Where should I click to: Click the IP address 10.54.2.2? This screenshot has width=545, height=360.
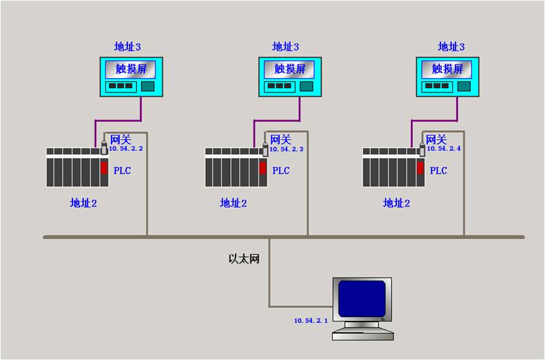[x=127, y=149]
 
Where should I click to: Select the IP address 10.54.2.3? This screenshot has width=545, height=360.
[x=286, y=149]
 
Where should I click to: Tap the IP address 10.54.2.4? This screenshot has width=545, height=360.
[x=444, y=149]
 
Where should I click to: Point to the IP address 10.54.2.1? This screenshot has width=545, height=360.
[x=311, y=320]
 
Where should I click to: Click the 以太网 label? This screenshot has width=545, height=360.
[x=244, y=259]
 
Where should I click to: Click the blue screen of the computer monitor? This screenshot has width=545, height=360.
[x=362, y=298]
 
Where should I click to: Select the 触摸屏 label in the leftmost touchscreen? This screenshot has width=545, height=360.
[x=132, y=69]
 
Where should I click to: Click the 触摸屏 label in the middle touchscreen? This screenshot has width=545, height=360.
[x=290, y=69]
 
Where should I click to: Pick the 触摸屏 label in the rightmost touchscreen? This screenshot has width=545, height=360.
[x=447, y=69]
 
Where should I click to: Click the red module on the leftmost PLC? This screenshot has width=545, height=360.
[x=104, y=168]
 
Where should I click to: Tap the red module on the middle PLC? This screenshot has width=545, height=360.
[x=263, y=168]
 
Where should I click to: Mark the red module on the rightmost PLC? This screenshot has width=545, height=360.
[x=420, y=168]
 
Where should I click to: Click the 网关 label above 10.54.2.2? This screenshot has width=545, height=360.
[x=121, y=140]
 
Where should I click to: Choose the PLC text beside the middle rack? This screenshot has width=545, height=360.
[x=281, y=171]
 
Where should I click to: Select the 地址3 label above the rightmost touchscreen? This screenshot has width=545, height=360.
[x=451, y=47]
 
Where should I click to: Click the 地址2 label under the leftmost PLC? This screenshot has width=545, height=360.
[x=83, y=203]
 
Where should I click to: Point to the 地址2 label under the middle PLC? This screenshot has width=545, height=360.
[x=233, y=203]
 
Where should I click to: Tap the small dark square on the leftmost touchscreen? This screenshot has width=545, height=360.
[x=147, y=86]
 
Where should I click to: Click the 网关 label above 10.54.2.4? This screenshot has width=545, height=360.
[x=436, y=140]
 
